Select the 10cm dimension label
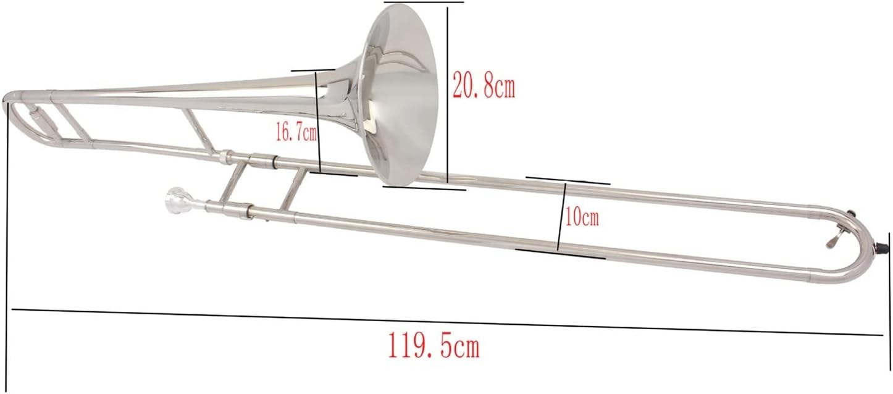point(581,218)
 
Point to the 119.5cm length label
point(434,346)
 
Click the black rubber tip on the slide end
point(881,248)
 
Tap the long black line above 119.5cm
point(445,322)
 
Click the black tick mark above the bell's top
point(424,2)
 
